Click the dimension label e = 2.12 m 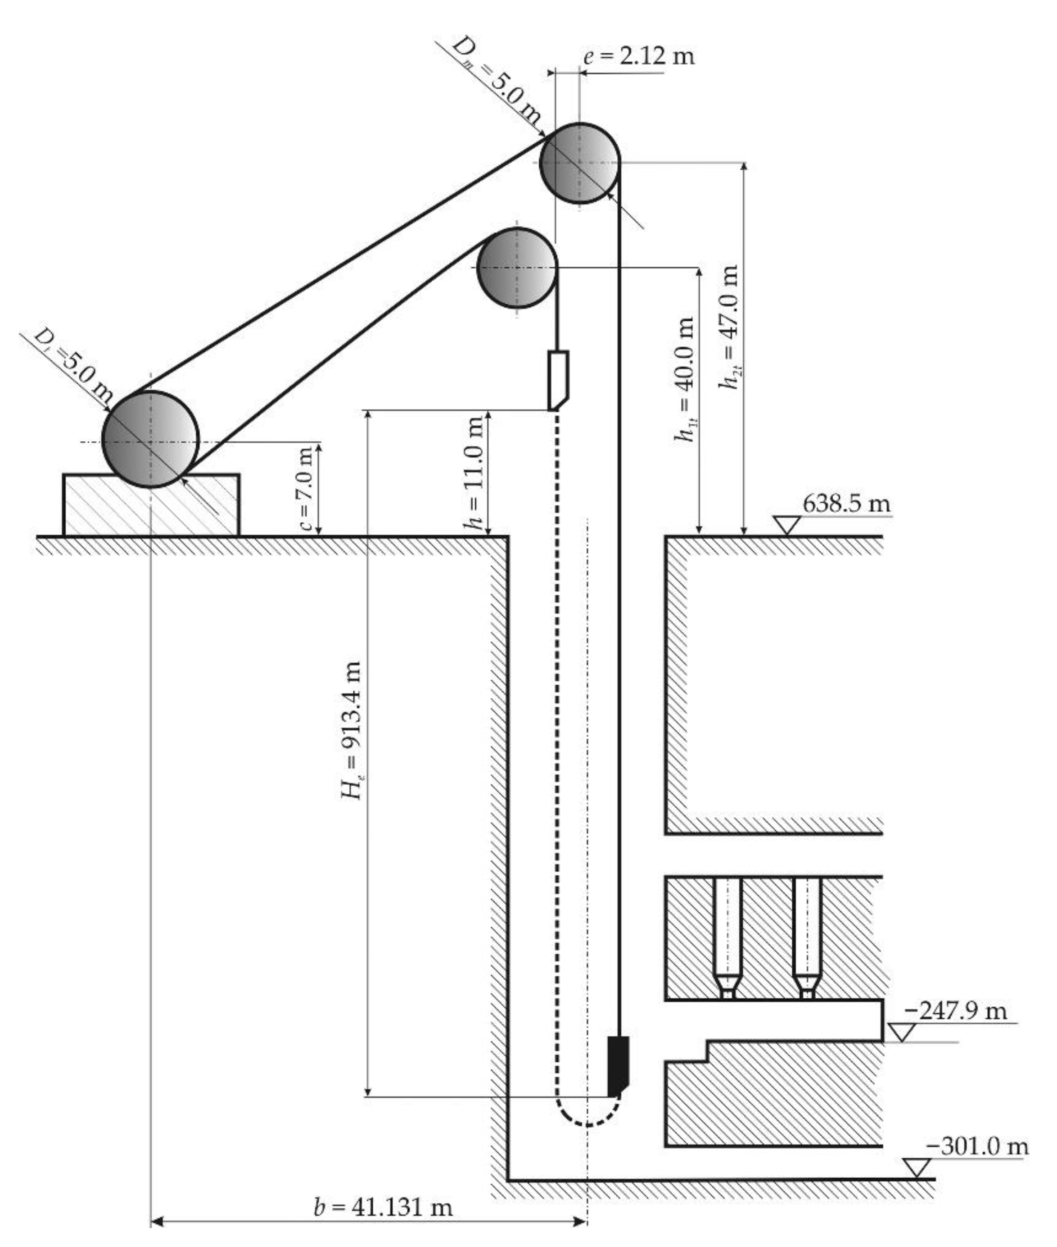click(639, 56)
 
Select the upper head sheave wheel click(579, 163)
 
